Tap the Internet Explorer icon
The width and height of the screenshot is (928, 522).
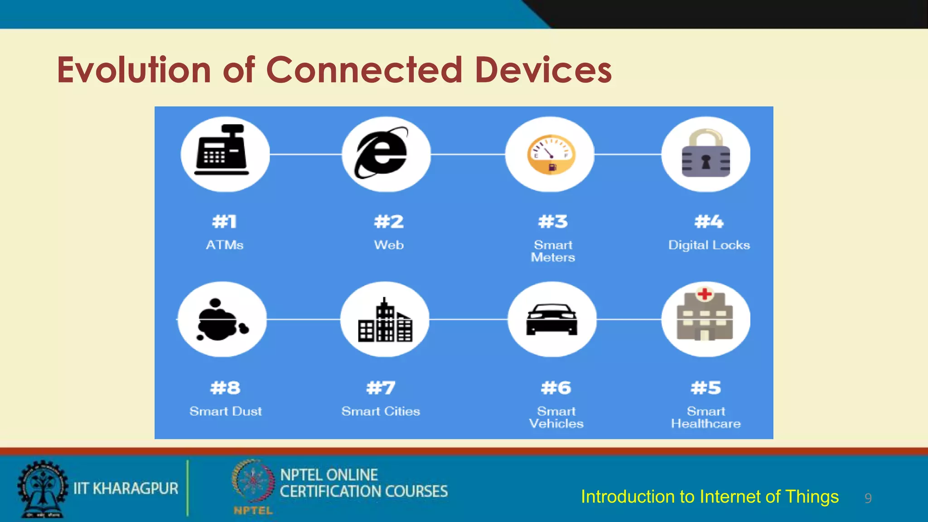click(382, 153)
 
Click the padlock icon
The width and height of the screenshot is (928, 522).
click(706, 154)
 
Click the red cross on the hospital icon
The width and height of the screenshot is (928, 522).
click(705, 294)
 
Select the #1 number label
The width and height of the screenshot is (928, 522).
click(224, 222)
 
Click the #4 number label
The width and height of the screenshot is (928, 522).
click(709, 222)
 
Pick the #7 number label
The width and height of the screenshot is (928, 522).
click(381, 388)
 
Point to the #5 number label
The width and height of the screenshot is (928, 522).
click(706, 388)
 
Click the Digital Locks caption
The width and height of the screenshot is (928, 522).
click(709, 245)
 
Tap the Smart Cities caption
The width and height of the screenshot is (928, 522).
click(381, 411)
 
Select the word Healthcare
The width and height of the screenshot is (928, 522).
click(706, 424)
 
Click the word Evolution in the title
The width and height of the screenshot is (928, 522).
click(134, 70)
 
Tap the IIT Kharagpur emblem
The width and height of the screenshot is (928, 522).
click(43, 488)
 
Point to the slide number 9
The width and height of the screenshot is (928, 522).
click(868, 498)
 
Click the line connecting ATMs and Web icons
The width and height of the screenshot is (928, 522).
click(305, 154)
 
